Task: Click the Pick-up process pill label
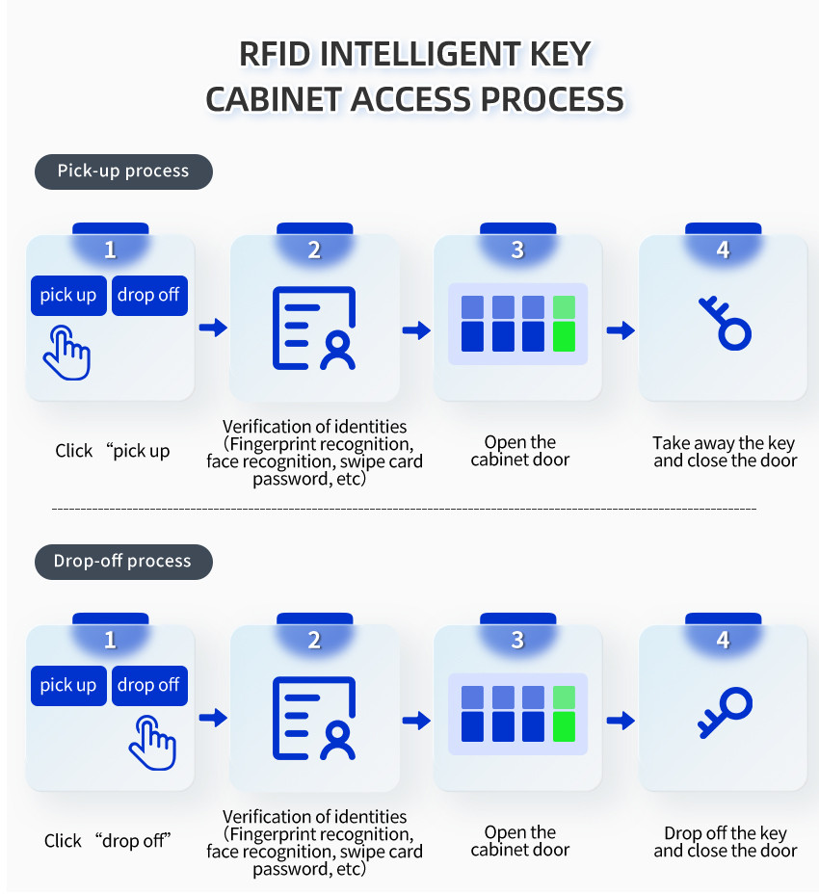click(123, 171)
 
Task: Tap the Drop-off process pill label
click(123, 562)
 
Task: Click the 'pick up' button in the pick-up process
click(68, 296)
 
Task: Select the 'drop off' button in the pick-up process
click(149, 296)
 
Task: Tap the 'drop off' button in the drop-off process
click(149, 685)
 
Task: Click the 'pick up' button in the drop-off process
click(68, 685)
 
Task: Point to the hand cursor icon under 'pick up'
click(67, 354)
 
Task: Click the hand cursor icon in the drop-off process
click(153, 744)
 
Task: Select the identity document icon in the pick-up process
click(314, 329)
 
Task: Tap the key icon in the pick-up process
click(726, 324)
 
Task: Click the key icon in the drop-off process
click(726, 713)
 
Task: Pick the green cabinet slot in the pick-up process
click(564, 324)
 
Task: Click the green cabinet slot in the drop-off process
click(564, 714)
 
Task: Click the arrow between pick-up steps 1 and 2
click(213, 328)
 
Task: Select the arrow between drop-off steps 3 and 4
click(621, 720)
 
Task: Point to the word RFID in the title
click(275, 54)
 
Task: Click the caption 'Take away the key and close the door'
click(725, 452)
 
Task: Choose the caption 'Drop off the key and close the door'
click(725, 842)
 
